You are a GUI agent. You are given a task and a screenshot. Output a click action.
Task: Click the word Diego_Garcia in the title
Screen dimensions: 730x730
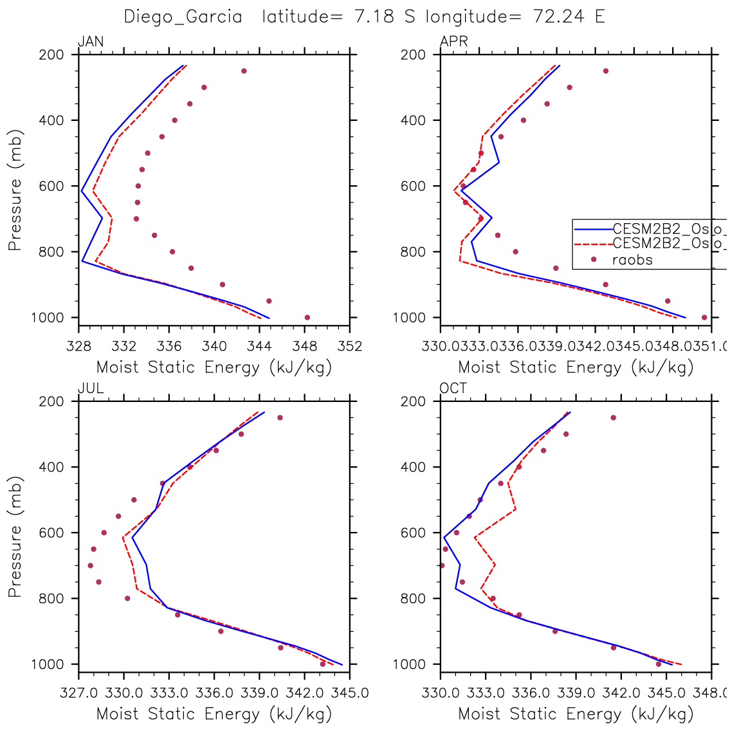[x=183, y=17]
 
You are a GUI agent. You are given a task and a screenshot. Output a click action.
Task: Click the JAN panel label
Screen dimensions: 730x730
[x=91, y=42]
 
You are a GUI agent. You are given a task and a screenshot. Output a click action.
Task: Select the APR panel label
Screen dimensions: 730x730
[x=453, y=42]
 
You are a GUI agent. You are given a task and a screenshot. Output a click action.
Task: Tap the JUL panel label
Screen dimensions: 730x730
[x=91, y=388]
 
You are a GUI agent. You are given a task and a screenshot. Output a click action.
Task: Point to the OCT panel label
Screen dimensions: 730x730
[x=453, y=388]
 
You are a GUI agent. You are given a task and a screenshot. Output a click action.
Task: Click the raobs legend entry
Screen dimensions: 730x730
[x=632, y=260]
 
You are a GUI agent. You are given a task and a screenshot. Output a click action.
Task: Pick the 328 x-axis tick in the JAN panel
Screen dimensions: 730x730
[x=78, y=346]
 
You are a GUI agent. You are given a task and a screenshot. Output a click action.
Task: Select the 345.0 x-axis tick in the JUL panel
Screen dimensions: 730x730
[x=351, y=693]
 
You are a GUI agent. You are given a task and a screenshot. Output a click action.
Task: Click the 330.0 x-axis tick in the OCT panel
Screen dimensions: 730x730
[x=441, y=693]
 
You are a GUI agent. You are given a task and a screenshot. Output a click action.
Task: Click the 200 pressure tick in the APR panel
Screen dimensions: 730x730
[x=416, y=55]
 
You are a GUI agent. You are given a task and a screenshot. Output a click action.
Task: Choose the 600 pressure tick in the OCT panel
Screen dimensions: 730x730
[x=416, y=533]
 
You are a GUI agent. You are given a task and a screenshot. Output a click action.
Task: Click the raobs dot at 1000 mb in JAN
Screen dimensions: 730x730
[x=307, y=318]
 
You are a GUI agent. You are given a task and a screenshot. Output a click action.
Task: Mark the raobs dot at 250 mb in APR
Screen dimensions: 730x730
[x=606, y=71]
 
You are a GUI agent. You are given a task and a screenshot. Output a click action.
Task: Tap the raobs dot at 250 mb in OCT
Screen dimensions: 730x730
[x=614, y=417]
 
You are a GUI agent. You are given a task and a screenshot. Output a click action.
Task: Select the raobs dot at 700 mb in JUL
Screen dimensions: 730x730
[x=91, y=565]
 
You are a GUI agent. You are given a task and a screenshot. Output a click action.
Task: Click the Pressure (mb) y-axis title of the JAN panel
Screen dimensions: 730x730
[x=15, y=190]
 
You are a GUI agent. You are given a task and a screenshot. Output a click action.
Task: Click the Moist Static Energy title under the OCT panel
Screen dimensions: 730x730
[x=576, y=713]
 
